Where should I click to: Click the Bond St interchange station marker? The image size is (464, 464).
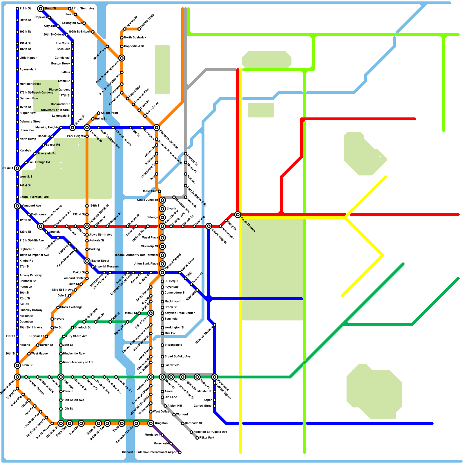pyautogui.click(x=41, y=9)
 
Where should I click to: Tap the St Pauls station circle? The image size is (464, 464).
pyautogui.click(x=17, y=168)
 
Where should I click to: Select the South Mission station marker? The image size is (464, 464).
pyautogui.click(x=238, y=215)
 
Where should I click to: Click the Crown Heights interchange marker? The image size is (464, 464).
pyautogui.click(x=209, y=226)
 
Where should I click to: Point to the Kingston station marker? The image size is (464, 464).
pyautogui.click(x=151, y=423)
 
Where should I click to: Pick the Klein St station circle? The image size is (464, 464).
pyautogui.click(x=17, y=365)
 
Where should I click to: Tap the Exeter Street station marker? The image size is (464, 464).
pyautogui.click(x=87, y=261)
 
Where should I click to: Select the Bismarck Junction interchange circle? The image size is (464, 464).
pyautogui.click(x=157, y=128)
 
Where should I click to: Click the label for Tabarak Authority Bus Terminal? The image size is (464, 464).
pyautogui.click(x=136, y=255)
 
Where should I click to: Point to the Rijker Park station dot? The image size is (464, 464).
pyautogui.click(x=197, y=438)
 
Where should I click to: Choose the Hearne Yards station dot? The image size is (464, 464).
pyautogui.click(x=139, y=29)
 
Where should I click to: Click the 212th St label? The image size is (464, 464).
pyautogui.click(x=25, y=9)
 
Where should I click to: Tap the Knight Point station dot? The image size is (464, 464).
pyautogui.click(x=99, y=113)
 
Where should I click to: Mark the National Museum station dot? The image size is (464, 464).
pyautogui.click(x=215, y=325)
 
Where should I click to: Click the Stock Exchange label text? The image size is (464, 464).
pyautogui.click(x=71, y=307)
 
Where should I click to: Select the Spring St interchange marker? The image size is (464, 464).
pyautogui.click(x=72, y=128)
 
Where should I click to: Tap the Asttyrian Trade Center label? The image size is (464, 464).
pyautogui.click(x=180, y=313)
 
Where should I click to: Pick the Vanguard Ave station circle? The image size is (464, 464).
pyautogui.click(x=17, y=206)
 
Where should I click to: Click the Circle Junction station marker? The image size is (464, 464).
pyautogui.click(x=162, y=200)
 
